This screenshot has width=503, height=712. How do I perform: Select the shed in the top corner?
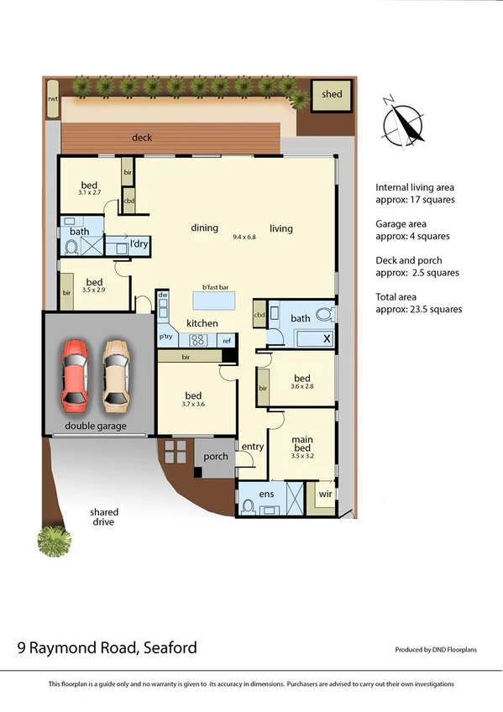332,94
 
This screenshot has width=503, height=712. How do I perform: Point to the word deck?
142,137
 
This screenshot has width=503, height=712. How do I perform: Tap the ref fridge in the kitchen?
227,340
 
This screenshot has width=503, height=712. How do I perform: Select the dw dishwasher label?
164,296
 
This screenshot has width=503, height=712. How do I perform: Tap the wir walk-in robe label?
324,495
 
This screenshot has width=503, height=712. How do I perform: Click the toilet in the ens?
248,506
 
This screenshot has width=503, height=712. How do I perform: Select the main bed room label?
302,444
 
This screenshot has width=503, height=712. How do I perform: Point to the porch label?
216,457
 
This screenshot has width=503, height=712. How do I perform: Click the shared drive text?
105,516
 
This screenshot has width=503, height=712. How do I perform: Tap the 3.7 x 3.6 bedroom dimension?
193,405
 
